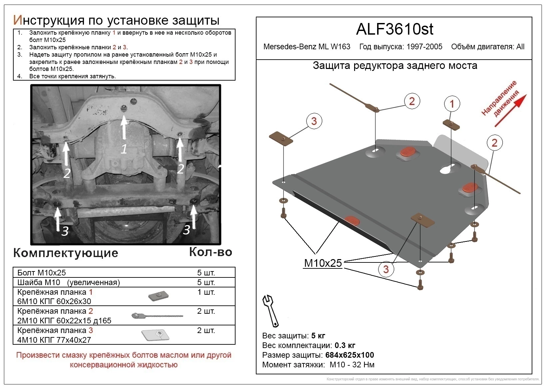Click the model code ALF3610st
[394, 29]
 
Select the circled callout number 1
[452, 104]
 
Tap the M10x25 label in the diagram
[323, 263]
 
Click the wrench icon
[271, 310]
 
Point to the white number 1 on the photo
[124, 149]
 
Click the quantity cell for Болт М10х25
[206, 273]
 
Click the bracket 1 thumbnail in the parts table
[158, 296]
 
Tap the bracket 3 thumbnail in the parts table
[156, 335]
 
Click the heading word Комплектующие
[66, 253]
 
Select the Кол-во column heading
[211, 252]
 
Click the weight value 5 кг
[318, 335]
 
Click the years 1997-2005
[424, 47]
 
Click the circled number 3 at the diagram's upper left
[313, 121]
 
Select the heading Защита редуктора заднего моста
[395, 66]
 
